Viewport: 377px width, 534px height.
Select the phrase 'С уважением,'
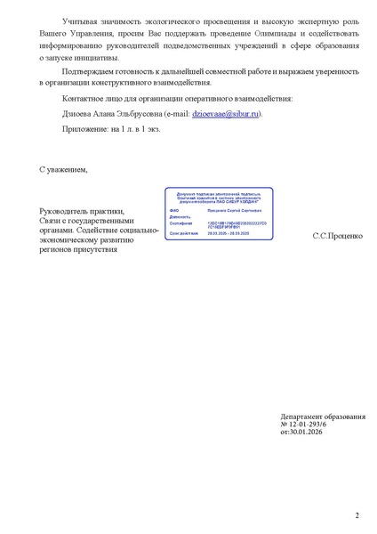coord(64,168)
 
